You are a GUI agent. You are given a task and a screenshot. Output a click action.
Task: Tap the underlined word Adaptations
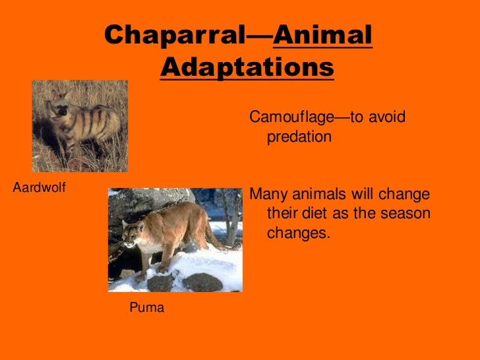[247, 67]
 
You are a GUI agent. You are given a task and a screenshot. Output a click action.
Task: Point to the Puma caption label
[146, 307]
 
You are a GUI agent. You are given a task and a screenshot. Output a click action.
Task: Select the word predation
[299, 137]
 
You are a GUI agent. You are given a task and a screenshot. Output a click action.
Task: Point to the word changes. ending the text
[297, 233]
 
